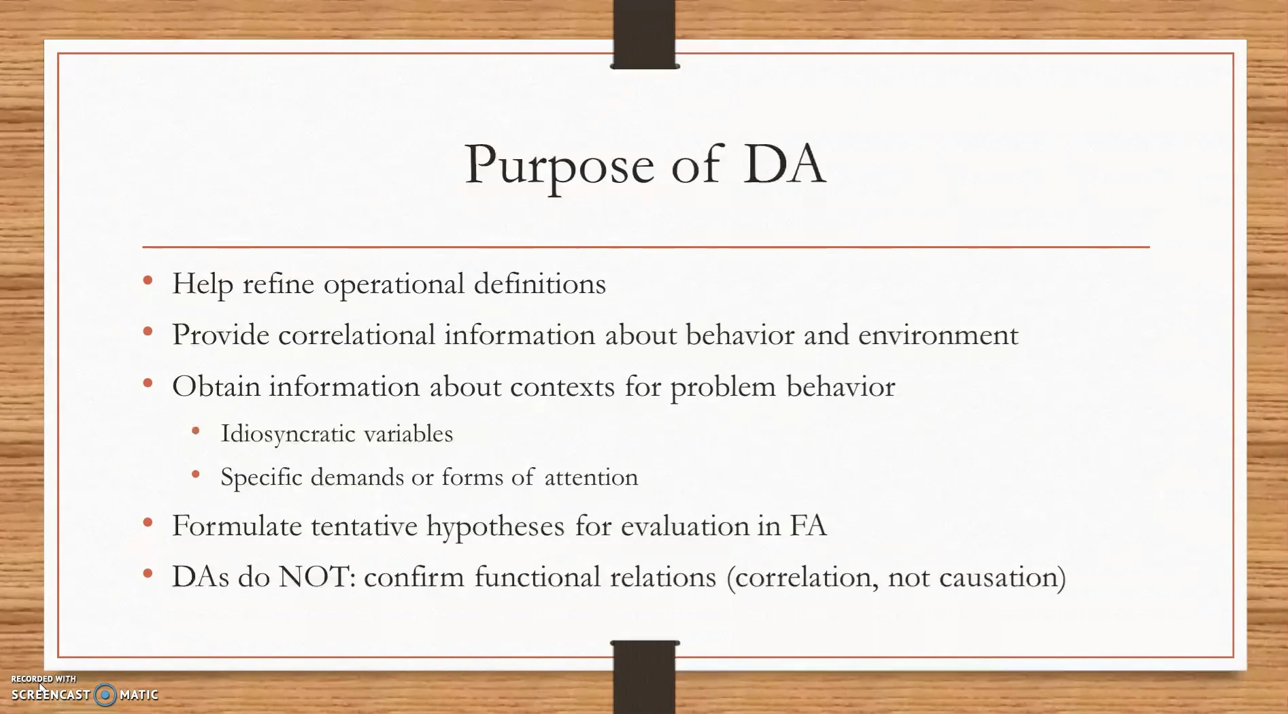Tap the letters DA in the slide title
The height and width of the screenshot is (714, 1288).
coord(784,164)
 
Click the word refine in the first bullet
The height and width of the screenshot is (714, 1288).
coord(278,284)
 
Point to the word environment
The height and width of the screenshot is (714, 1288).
coord(938,335)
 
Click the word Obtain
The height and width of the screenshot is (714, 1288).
coord(216,386)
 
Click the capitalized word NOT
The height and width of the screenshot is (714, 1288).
coord(316,577)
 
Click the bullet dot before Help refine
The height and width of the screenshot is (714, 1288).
coord(148,281)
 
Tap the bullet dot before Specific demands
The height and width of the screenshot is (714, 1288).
coord(196,475)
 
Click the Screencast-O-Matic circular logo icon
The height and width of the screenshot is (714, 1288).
coord(105,694)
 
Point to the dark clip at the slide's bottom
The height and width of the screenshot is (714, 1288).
coord(645,677)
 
